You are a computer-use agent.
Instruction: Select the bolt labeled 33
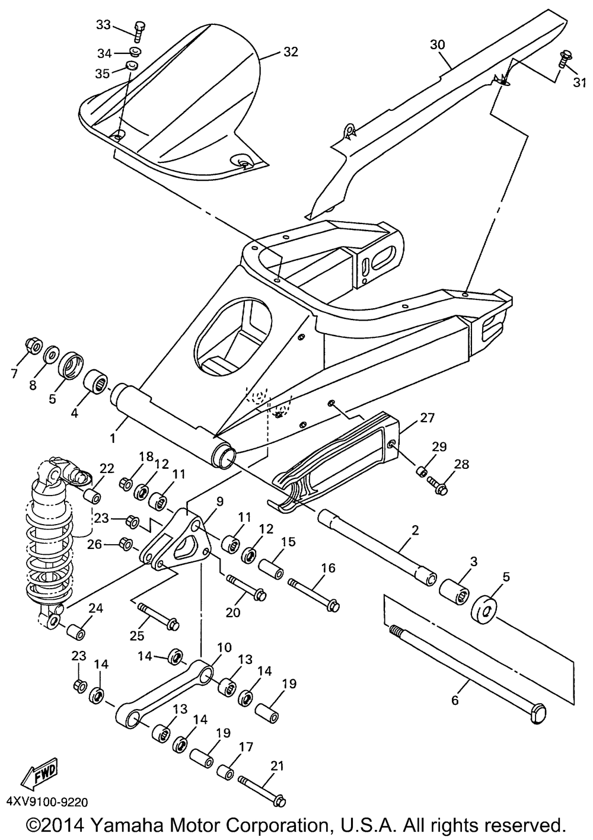pyautogui.click(x=139, y=28)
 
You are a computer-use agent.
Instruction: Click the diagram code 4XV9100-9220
pyautogui.click(x=47, y=802)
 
